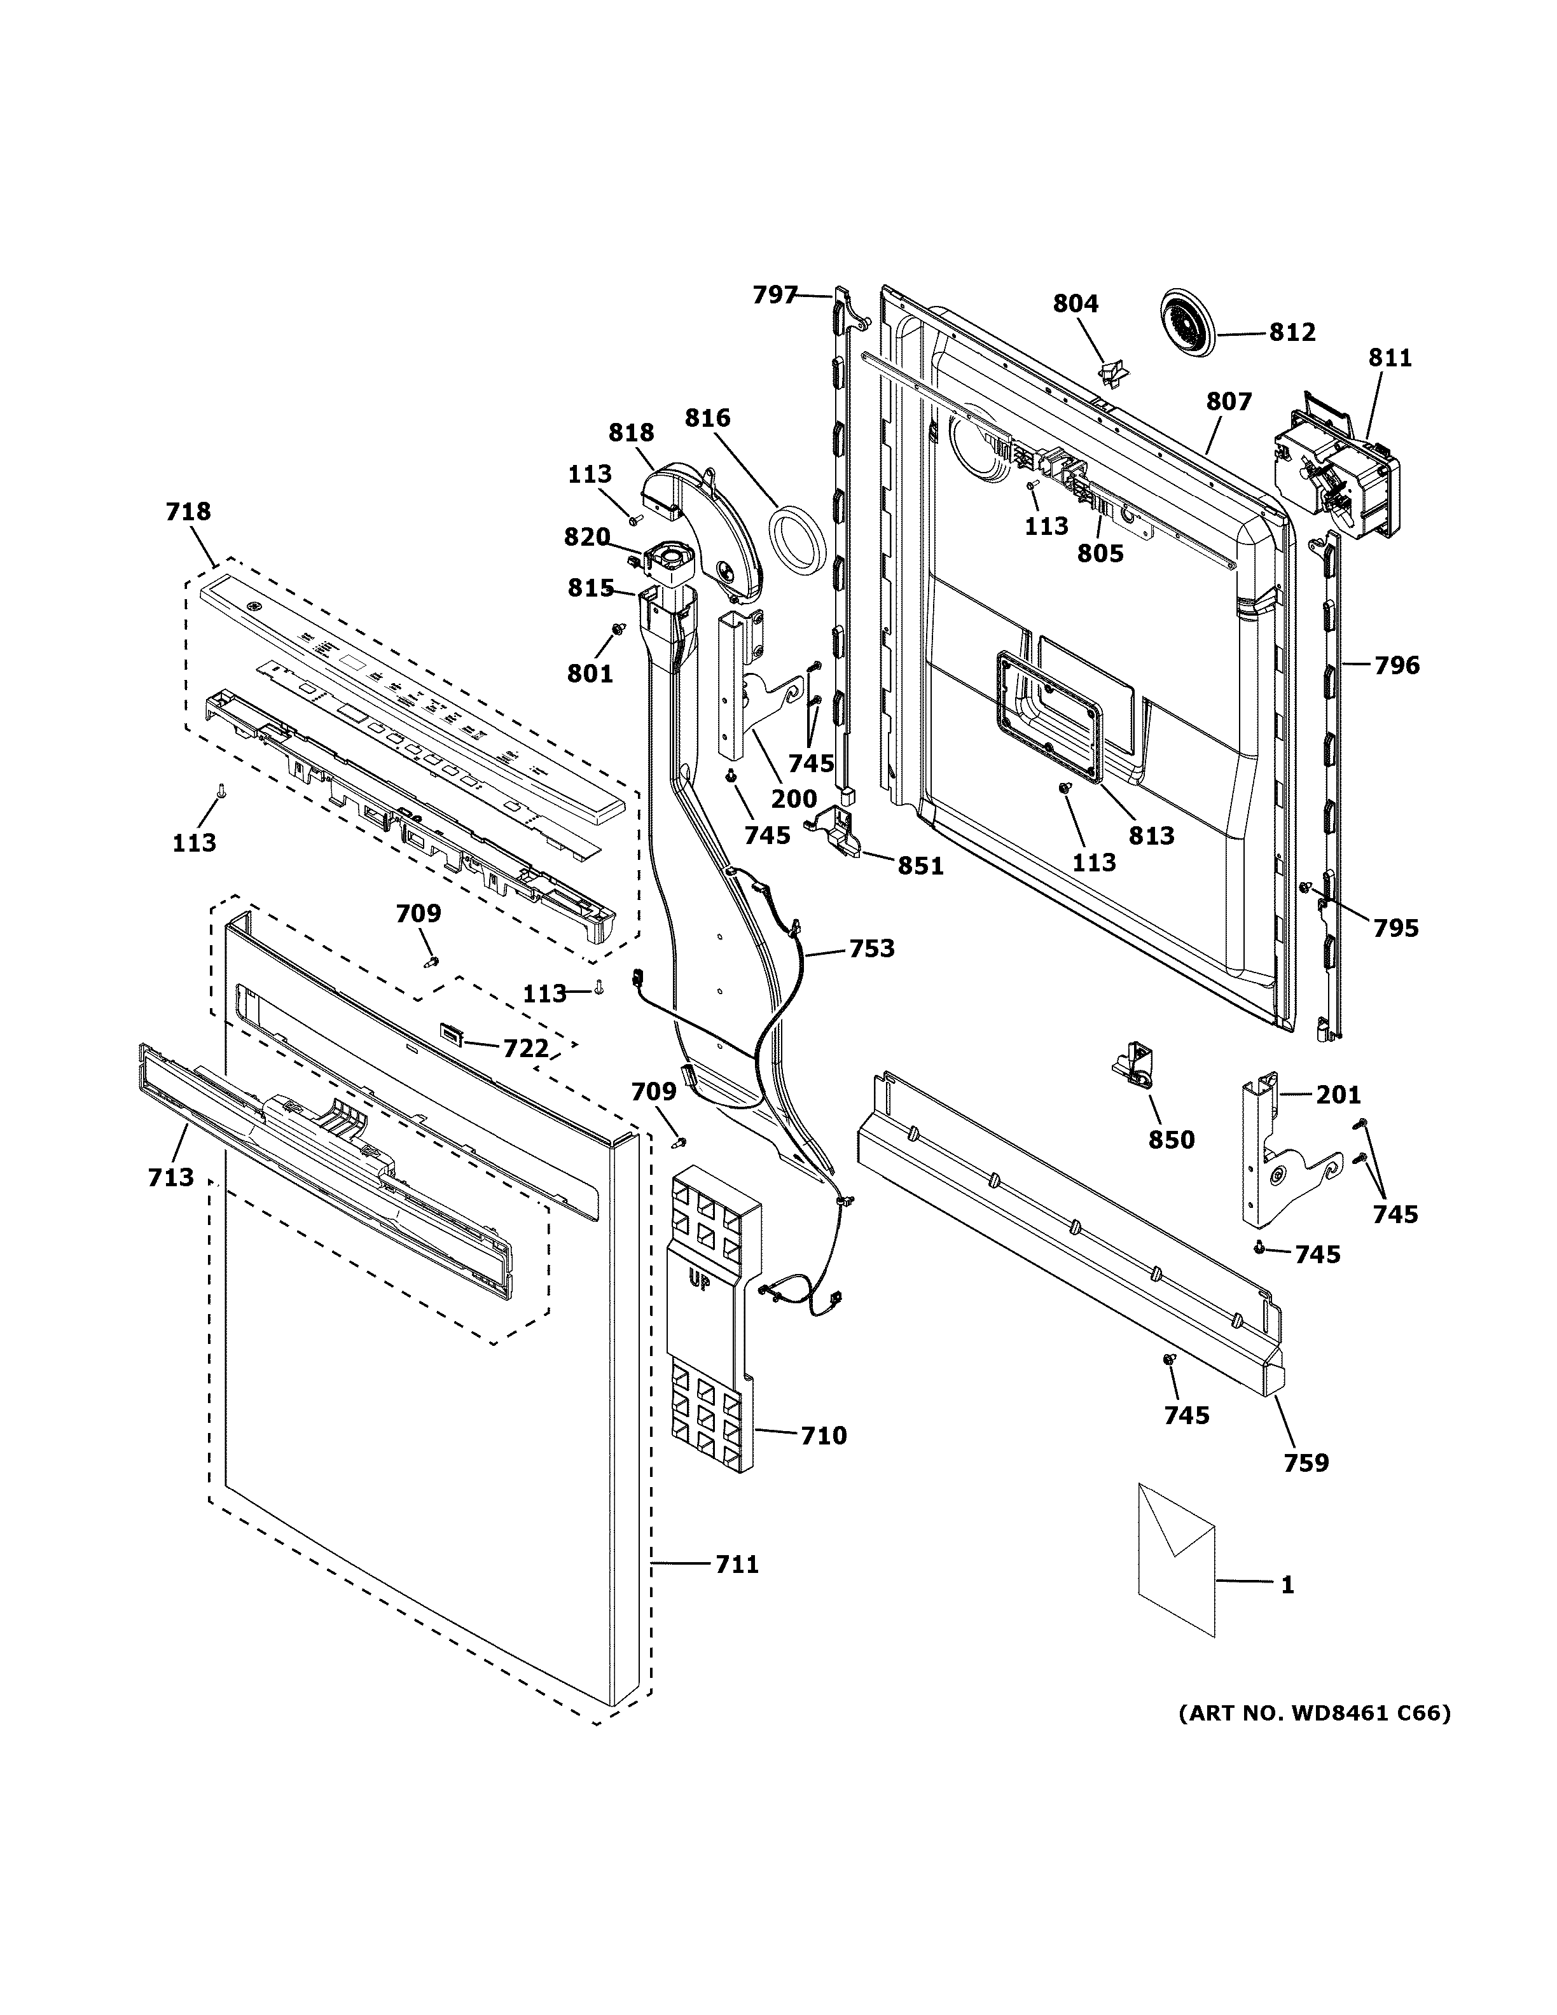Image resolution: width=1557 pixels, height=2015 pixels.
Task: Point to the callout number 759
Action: pos(1306,1462)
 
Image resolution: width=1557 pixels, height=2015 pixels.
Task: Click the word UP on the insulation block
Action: pos(699,1280)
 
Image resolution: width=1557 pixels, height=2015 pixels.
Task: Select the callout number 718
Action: pos(188,511)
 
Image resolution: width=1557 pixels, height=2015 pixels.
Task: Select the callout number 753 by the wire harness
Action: pos(871,948)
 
